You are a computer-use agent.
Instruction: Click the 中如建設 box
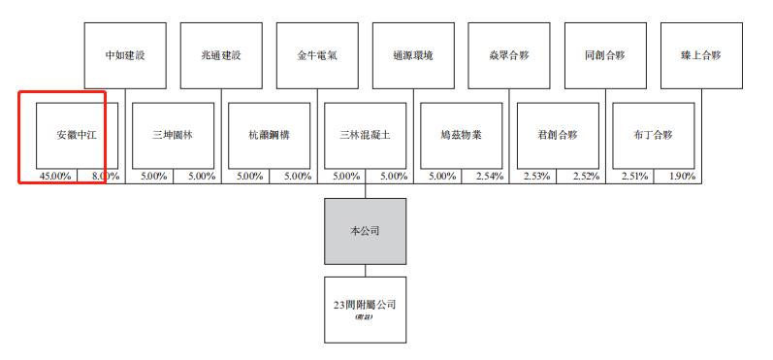124,55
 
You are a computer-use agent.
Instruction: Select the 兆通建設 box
220,55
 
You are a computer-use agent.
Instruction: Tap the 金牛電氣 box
316,55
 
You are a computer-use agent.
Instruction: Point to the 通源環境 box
412,55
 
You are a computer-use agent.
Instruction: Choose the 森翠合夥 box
508,55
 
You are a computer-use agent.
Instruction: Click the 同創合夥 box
604,55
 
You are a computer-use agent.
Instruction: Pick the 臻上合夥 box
700,55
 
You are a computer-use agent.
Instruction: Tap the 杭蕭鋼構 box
269,134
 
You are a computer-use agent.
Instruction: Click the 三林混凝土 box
365,134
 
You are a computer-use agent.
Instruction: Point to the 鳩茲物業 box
461,134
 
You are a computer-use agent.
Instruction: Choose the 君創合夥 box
557,134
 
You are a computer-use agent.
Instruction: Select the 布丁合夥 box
653,134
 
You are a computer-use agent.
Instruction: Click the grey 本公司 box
365,231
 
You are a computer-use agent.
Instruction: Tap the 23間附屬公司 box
365,308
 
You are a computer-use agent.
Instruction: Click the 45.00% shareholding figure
55,177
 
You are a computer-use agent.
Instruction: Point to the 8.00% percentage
105,177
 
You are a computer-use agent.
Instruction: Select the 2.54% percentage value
489,177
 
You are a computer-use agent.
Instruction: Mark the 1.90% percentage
681,177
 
